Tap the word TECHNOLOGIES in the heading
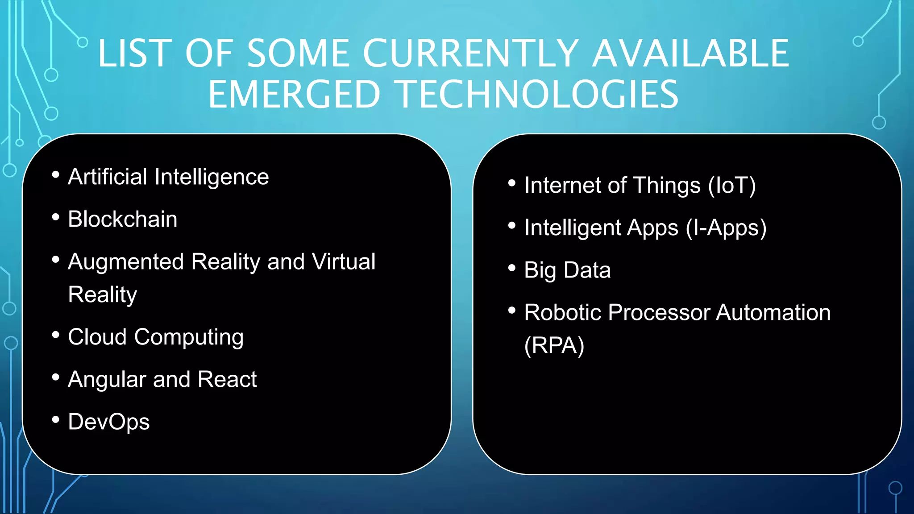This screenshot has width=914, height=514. (538, 95)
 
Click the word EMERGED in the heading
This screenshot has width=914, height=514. (294, 95)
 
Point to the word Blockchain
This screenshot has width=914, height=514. (122, 219)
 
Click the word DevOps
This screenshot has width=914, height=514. (108, 422)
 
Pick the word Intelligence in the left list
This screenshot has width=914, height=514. (212, 177)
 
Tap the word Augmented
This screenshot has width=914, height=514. (126, 261)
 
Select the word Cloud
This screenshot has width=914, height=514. (97, 337)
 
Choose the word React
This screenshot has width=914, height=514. (227, 379)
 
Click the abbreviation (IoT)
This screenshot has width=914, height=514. (732, 186)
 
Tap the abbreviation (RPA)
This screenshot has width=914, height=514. (554, 345)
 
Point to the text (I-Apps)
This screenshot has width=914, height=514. (726, 228)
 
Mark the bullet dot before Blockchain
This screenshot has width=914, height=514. (56, 217)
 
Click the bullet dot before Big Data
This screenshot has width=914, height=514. (512, 268)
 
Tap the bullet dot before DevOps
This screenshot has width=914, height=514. (56, 420)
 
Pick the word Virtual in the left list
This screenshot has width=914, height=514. (344, 261)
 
